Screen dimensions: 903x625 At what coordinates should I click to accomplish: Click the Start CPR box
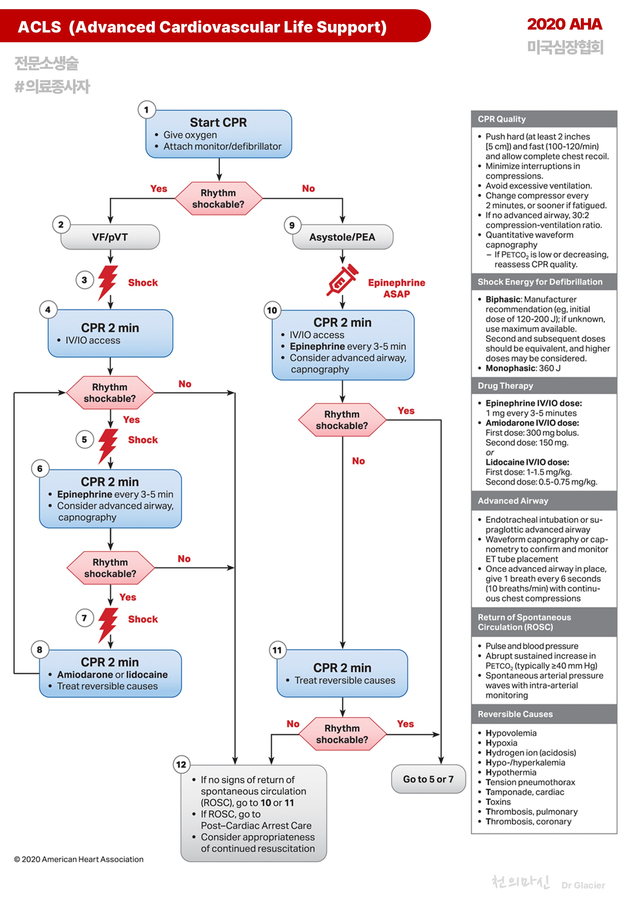[x=219, y=134]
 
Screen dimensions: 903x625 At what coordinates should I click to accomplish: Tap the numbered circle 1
[x=146, y=110]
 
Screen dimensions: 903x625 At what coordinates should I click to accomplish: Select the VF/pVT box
[x=110, y=237]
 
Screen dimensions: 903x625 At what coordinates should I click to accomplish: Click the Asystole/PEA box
[x=342, y=237]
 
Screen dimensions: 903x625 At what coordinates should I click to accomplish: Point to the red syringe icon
[x=341, y=280]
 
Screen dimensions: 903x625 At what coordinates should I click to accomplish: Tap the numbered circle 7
[x=84, y=618]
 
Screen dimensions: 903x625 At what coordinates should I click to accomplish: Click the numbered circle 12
[x=181, y=764]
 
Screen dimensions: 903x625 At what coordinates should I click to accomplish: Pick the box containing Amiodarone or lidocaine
[x=111, y=673]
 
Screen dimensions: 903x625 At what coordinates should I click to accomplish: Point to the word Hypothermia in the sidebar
[x=511, y=772]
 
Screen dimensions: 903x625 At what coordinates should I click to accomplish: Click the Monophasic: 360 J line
[x=522, y=368]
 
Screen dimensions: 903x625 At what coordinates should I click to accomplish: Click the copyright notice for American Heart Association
[x=79, y=859]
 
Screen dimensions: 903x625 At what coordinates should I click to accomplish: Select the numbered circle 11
[x=277, y=650]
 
